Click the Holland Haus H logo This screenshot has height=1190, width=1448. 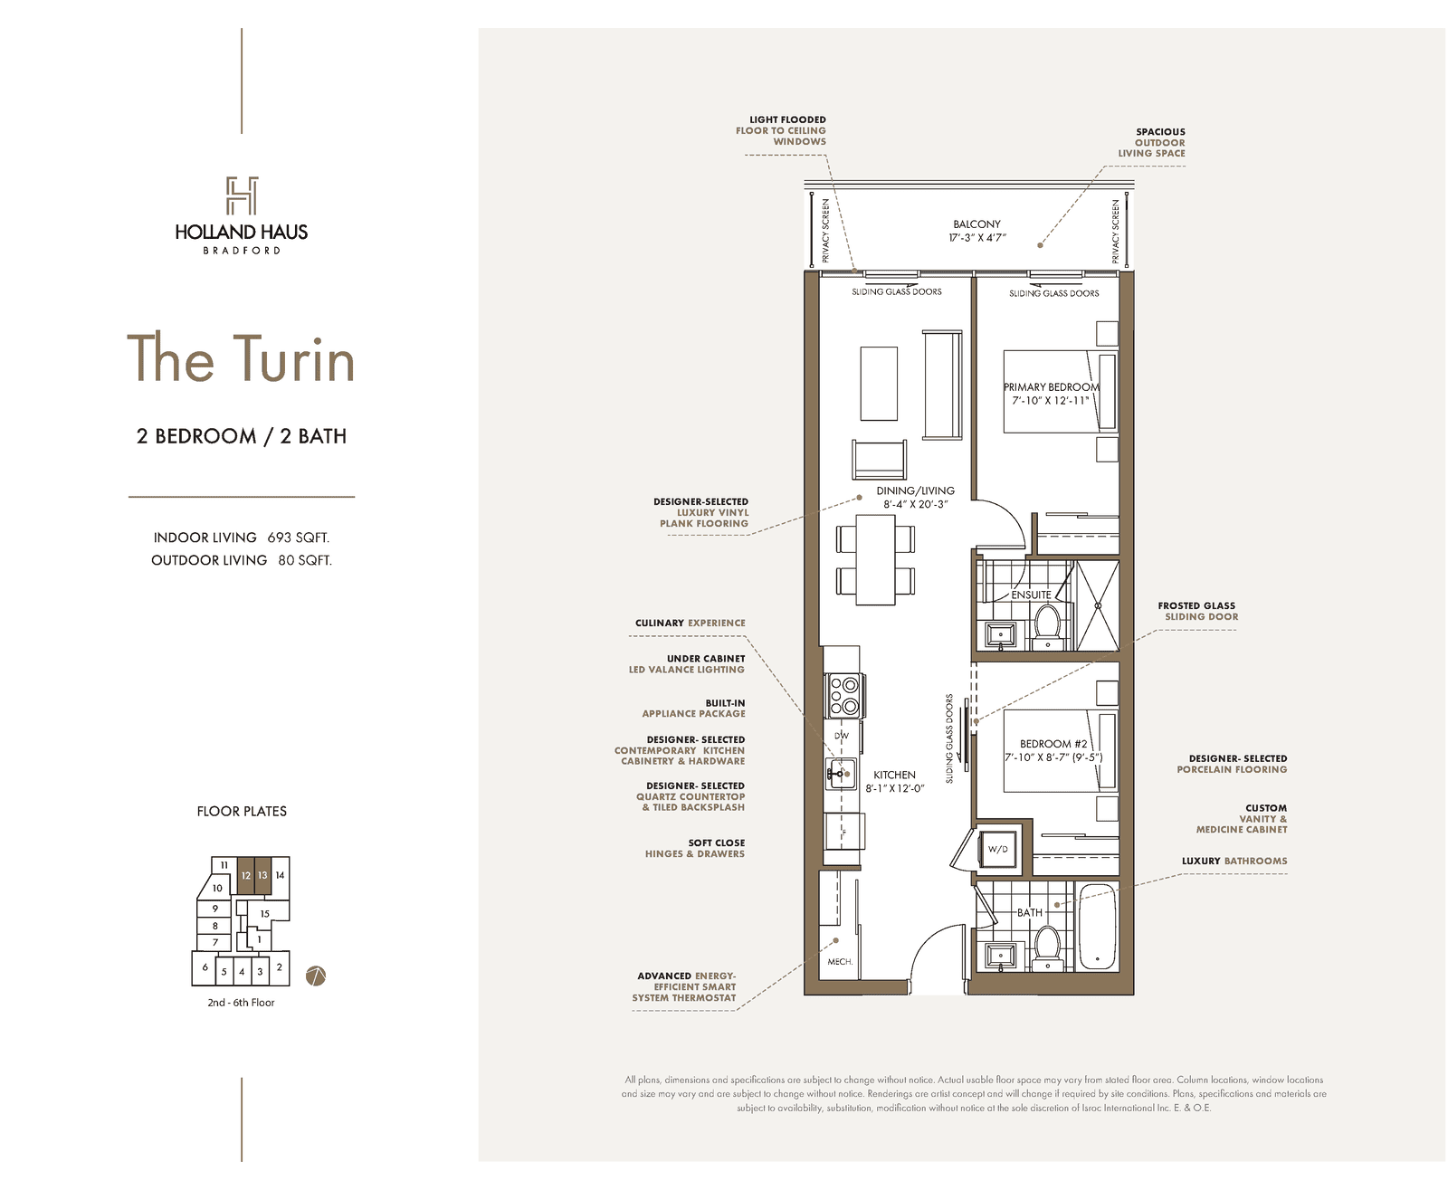click(242, 195)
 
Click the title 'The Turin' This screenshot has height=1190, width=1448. click(241, 358)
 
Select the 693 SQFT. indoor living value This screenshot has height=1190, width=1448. click(298, 537)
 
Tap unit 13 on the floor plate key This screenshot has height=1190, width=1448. click(262, 875)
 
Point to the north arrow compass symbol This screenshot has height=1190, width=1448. click(315, 975)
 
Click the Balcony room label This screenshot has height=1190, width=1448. click(976, 224)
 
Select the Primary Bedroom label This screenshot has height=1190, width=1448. click(1051, 386)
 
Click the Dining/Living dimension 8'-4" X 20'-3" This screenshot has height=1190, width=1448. click(915, 504)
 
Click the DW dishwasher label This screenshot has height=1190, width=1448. click(841, 736)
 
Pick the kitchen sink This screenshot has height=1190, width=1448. click(841, 774)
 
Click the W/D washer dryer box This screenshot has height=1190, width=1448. click(997, 849)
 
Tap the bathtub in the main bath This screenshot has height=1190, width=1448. click(1097, 928)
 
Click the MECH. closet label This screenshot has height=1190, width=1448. click(840, 961)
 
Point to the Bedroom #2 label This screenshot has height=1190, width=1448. click(1053, 744)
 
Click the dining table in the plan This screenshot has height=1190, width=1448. click(875, 559)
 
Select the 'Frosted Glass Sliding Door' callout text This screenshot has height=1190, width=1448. click(1197, 611)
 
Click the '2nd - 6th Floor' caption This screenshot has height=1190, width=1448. click(241, 1003)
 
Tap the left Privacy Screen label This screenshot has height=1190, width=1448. click(825, 231)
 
